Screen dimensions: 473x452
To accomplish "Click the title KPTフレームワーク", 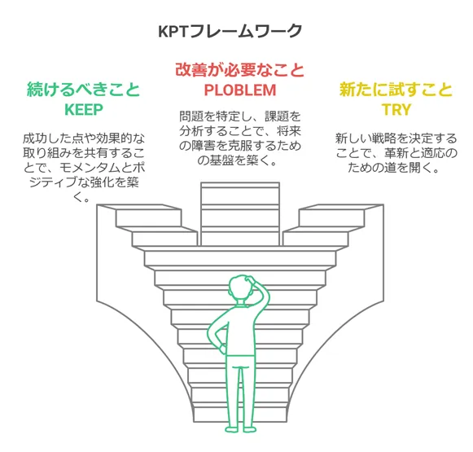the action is pyautogui.click(x=230, y=31).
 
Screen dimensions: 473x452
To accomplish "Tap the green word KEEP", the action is pyautogui.click(x=84, y=109).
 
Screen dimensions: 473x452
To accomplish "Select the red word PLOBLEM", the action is pyautogui.click(x=240, y=90).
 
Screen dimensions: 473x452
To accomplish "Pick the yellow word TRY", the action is pyautogui.click(x=396, y=109).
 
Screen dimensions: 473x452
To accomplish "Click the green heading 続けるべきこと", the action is pyautogui.click(x=84, y=90).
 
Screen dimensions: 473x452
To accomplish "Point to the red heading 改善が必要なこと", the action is pyautogui.click(x=240, y=70).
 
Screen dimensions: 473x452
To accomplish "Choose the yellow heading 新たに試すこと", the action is pyautogui.click(x=396, y=90).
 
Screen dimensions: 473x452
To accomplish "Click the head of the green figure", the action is pyautogui.click(x=240, y=287).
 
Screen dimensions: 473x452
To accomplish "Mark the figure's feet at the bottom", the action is pyautogui.click(x=240, y=428).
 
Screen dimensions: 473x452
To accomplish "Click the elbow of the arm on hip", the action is pyautogui.click(x=210, y=333).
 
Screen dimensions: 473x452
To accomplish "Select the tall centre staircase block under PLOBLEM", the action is pyautogui.click(x=240, y=214).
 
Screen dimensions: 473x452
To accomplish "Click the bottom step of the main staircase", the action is pyautogui.click(x=240, y=415).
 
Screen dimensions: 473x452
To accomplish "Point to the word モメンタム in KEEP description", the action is pyautogui.click(x=90, y=168).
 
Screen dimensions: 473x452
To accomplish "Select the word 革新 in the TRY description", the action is pyautogui.click(x=396, y=153).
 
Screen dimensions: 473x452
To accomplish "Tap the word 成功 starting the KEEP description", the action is pyautogui.click(x=35, y=138).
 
